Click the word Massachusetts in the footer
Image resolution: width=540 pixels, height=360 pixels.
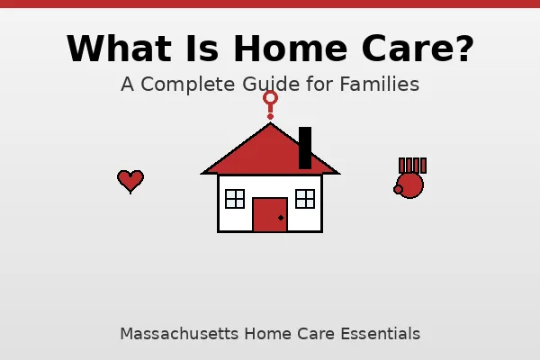175,334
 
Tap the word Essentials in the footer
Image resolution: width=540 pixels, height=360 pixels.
380,334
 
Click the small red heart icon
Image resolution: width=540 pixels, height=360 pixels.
130,181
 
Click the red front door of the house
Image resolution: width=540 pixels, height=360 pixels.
270,215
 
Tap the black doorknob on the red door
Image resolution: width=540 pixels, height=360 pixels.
281,218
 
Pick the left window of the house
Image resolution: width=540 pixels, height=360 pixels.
235,199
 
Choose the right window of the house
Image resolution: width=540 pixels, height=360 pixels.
305,199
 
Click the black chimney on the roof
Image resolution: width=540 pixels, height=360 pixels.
305,148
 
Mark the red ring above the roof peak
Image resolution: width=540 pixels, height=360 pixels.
270,97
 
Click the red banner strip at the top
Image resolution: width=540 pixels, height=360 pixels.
270,4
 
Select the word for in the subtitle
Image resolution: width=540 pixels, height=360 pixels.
321,85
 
